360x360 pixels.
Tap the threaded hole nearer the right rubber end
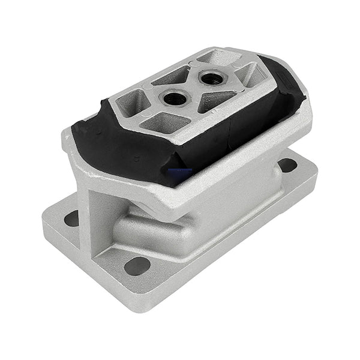point(210,77)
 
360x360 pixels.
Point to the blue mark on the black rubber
point(180,172)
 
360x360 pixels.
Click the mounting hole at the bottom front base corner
point(137,265)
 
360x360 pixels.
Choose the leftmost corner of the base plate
point(44,222)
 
